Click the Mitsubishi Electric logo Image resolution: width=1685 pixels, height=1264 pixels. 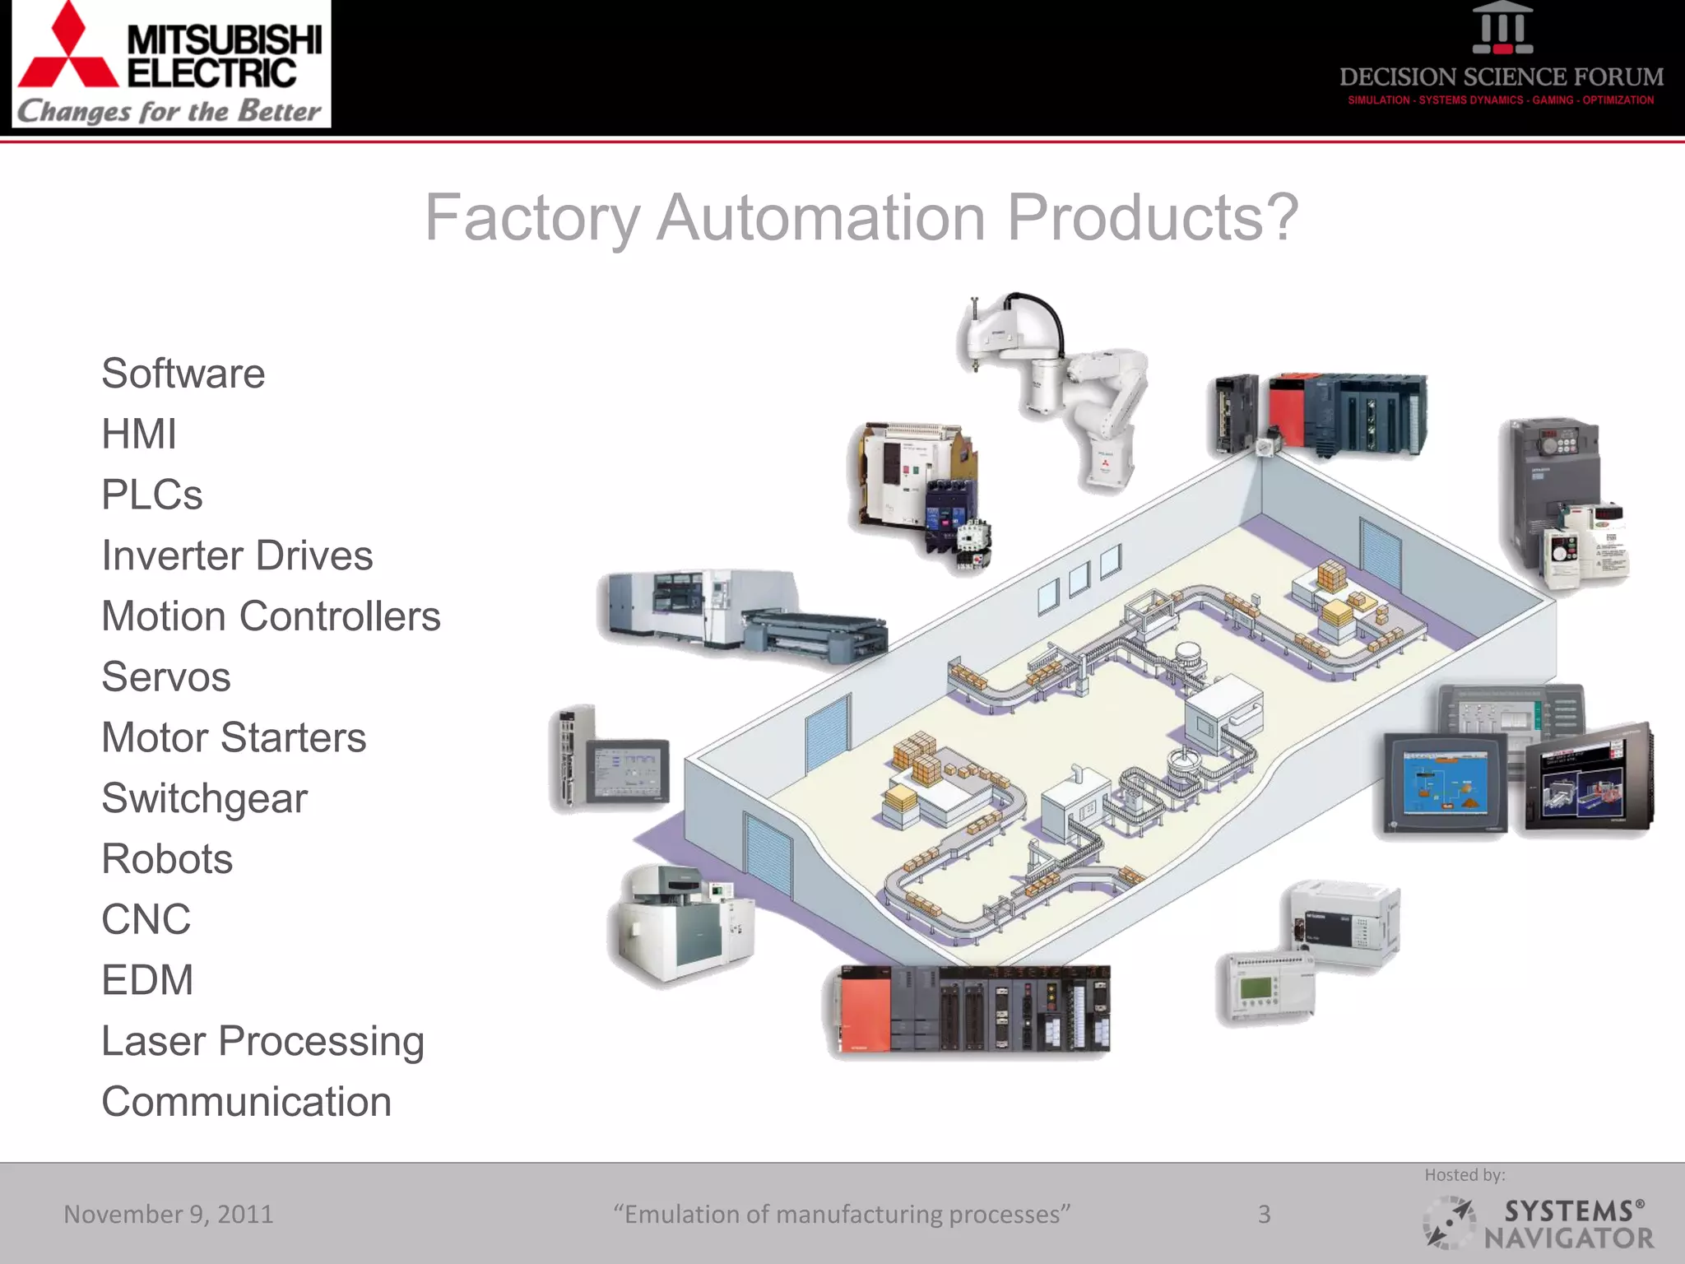[x=171, y=64]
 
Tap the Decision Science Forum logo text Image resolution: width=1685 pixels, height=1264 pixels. [x=1501, y=77]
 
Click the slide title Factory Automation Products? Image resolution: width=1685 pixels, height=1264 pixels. [x=861, y=218]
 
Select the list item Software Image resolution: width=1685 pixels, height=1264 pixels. [x=183, y=374]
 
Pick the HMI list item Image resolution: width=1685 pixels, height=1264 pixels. [x=138, y=434]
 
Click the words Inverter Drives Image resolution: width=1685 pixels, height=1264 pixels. [x=237, y=555]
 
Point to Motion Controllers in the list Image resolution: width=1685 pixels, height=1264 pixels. [x=271, y=616]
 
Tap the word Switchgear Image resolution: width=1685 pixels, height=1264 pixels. [x=204, y=798]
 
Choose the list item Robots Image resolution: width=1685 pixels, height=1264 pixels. [x=167, y=859]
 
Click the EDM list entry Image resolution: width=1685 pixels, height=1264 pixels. [x=147, y=980]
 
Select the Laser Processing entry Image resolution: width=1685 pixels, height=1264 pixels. [x=262, y=1041]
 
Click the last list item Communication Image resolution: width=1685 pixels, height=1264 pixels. [x=246, y=1102]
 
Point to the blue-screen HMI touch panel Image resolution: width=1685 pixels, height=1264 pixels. [x=1444, y=784]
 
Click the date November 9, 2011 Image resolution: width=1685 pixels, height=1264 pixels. [x=169, y=1214]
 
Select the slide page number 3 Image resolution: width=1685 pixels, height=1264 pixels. [x=1264, y=1214]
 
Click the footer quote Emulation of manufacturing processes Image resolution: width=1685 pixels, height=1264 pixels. [x=841, y=1214]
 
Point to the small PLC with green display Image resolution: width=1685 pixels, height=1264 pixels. [x=1265, y=987]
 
